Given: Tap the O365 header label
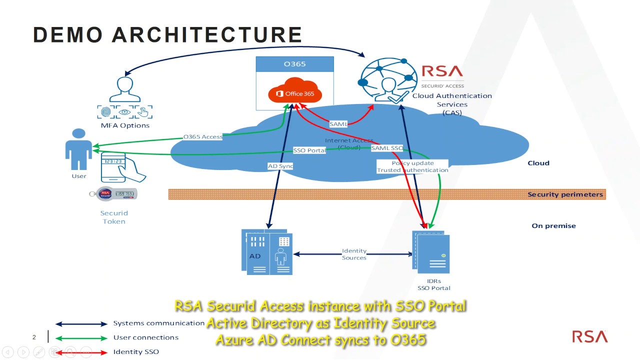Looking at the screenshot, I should [294, 64].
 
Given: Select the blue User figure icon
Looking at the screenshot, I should [78, 149].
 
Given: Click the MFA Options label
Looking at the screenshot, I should [125, 125].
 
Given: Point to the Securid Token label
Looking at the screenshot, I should [114, 217].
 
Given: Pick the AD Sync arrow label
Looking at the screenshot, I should [280, 166].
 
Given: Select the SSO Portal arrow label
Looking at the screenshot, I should [309, 150].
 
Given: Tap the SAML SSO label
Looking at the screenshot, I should [387, 148].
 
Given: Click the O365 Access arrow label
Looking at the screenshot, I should [202, 136].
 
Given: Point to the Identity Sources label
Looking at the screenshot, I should [354, 254].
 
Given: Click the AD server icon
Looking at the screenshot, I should [267, 252].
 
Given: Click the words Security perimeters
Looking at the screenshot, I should [565, 194].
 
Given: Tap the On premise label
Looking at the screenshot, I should [553, 225].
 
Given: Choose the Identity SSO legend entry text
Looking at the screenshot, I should [136, 351].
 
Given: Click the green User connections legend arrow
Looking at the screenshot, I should [81, 338].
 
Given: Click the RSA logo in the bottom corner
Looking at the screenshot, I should [589, 336].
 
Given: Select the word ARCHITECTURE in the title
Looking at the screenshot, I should [206, 35].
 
